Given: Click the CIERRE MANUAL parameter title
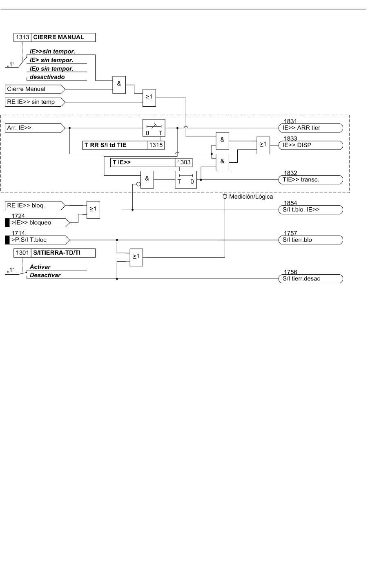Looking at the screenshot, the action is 58,37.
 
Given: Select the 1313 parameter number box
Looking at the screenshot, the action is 22,37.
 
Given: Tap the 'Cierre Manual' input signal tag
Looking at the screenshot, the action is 35,89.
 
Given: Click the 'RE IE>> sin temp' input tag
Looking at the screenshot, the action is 35,102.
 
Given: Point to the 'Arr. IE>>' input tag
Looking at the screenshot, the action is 35,128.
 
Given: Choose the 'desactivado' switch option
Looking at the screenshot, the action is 47,77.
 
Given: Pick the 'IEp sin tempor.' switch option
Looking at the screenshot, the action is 51,69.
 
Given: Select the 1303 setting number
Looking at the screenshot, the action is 184,163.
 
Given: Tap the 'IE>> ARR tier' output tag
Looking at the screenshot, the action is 311,128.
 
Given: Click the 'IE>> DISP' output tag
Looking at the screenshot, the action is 311,145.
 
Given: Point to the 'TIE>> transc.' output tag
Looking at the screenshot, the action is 311,180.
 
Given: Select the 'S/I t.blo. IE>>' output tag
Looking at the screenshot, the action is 311,210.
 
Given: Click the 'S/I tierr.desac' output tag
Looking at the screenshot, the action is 311,279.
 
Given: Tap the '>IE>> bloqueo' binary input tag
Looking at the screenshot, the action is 38,223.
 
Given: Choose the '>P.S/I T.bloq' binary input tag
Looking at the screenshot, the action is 38,240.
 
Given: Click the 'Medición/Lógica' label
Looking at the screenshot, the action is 251,197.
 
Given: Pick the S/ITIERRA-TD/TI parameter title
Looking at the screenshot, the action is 57,253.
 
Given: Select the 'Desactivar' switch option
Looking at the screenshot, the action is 45,275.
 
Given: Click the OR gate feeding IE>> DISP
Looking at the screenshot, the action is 263,145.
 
